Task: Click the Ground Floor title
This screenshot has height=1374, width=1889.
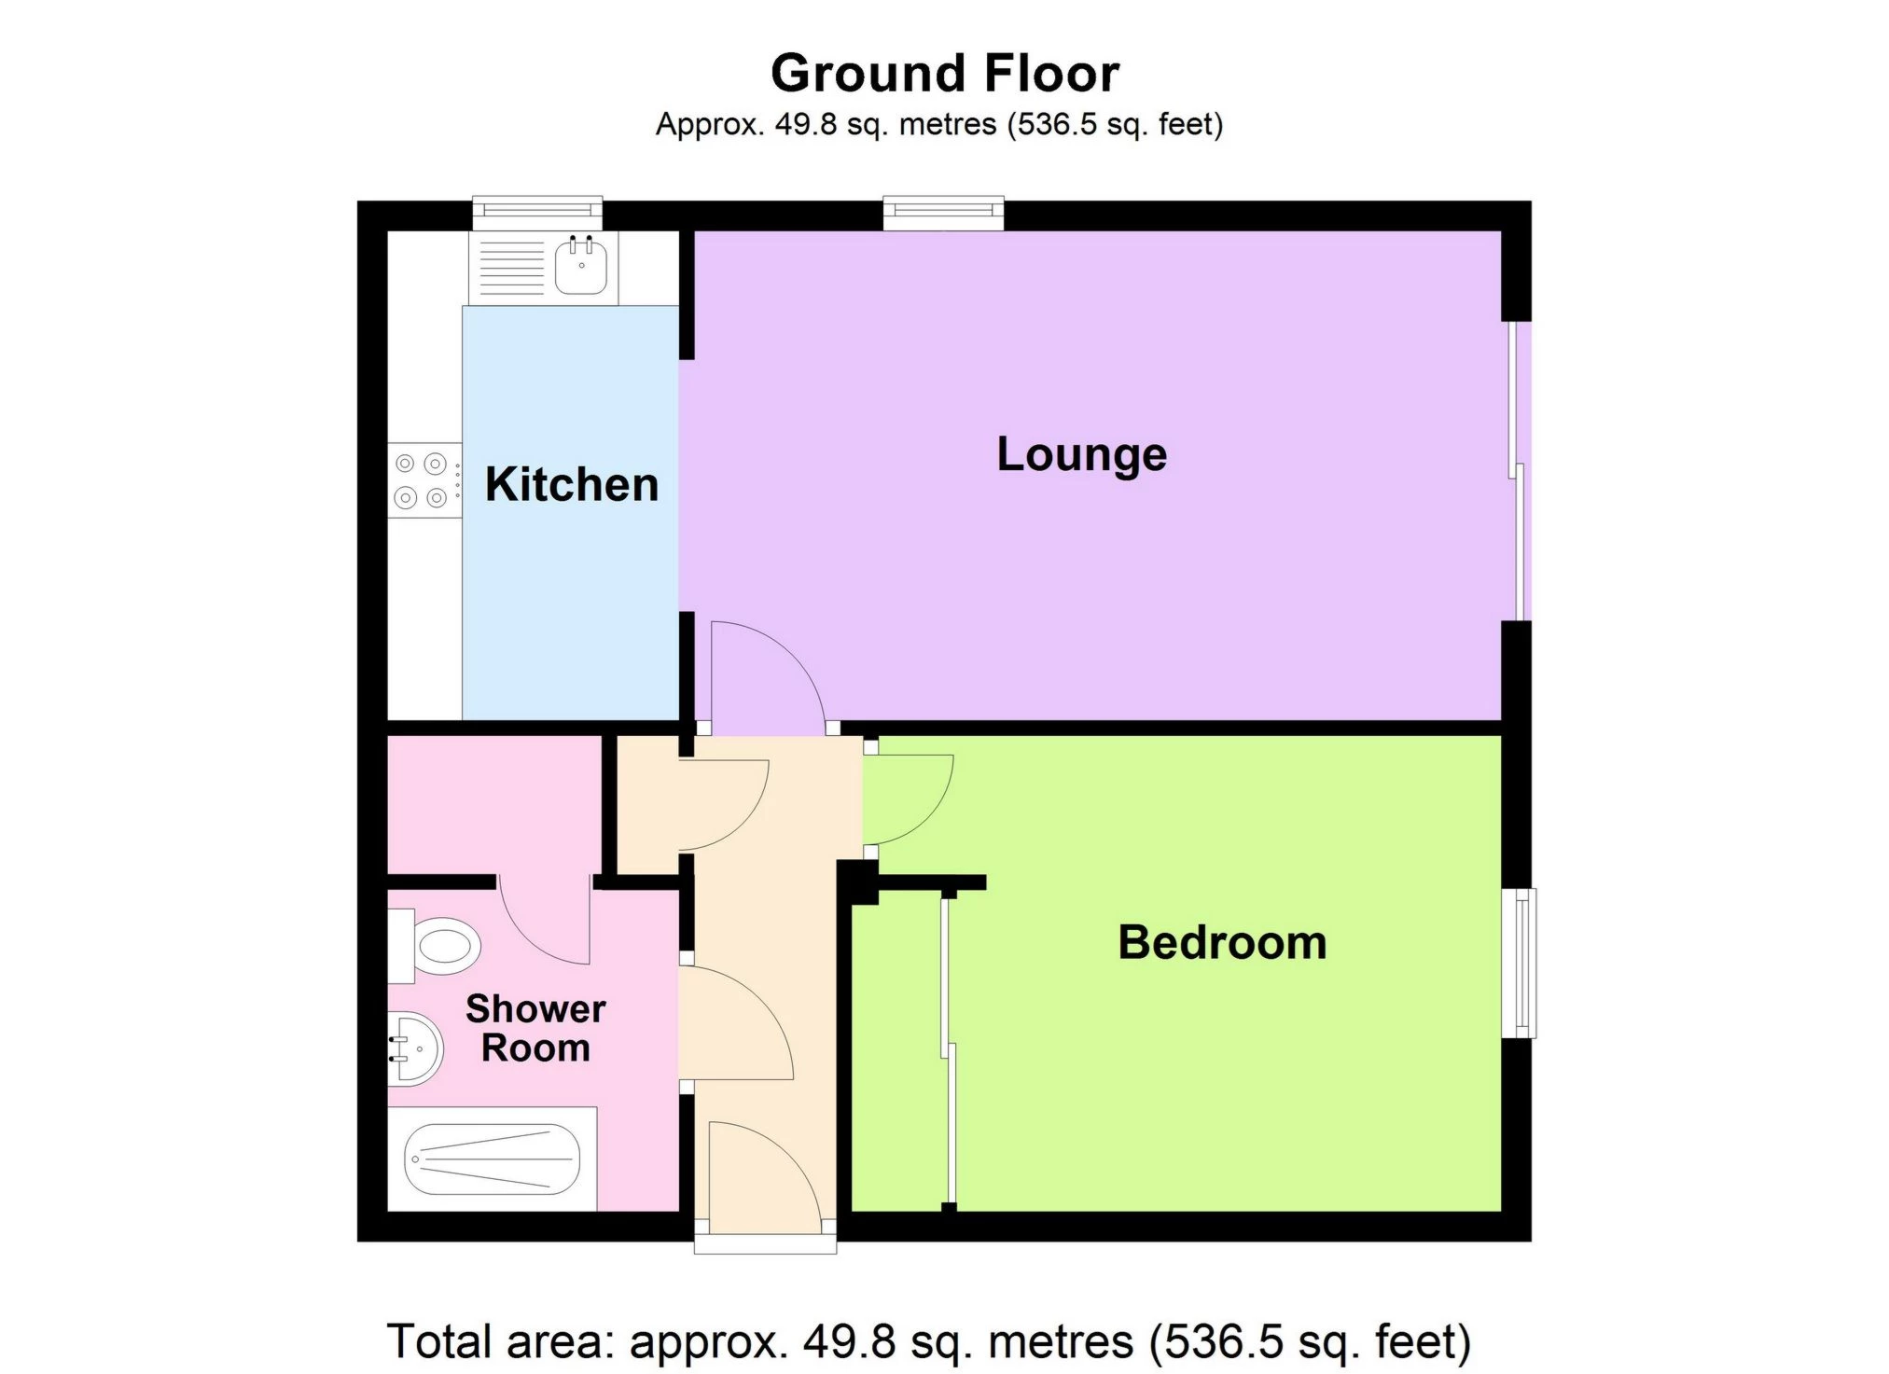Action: [x=944, y=74]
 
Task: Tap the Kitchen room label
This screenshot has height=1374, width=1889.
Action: [x=571, y=485]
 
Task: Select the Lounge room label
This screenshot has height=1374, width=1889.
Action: [x=1081, y=454]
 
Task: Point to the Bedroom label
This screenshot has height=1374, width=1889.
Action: [x=1221, y=942]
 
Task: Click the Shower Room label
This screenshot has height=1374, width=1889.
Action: [x=535, y=1028]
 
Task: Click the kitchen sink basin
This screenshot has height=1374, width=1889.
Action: [x=581, y=265]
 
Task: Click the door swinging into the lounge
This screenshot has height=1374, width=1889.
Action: [x=765, y=676]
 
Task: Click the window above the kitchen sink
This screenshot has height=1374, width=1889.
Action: [x=536, y=214]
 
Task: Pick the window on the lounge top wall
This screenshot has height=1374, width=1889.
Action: [x=943, y=214]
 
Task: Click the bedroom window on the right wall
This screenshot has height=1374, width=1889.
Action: [x=1521, y=963]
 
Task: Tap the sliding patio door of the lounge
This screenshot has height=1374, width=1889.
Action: [x=1518, y=471]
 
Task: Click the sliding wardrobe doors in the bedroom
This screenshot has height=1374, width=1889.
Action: [x=948, y=1049]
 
